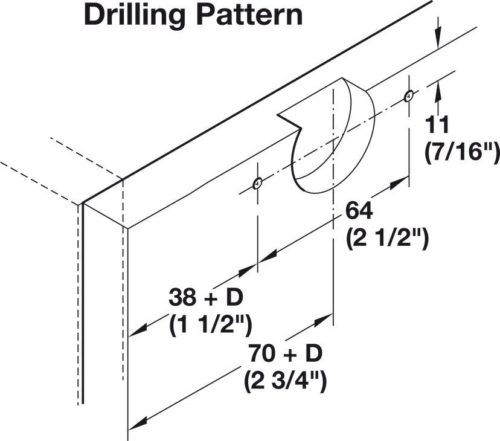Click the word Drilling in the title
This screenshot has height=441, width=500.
(135, 16)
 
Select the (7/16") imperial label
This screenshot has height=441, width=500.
(462, 153)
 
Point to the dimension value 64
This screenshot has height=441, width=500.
(359, 211)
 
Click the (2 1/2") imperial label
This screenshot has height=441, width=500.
(387, 239)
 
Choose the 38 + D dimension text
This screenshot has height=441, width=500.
(206, 297)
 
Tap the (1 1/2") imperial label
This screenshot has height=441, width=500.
(211, 326)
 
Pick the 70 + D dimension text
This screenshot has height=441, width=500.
(286, 353)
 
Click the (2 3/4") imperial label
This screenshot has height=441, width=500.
(286, 382)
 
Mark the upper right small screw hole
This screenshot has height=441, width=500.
(408, 95)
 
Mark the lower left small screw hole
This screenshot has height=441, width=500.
(257, 184)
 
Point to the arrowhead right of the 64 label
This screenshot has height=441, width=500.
(399, 182)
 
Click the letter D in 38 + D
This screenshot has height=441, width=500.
(235, 297)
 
